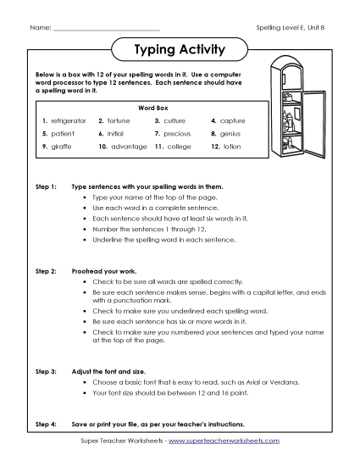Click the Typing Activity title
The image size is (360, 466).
tap(180, 49)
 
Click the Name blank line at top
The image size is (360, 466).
tap(106, 30)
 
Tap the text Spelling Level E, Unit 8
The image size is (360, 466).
tap(291, 29)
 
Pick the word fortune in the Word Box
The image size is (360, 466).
tap(119, 121)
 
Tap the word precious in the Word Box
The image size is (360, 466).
tap(177, 133)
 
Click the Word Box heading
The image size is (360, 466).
tap(150, 108)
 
